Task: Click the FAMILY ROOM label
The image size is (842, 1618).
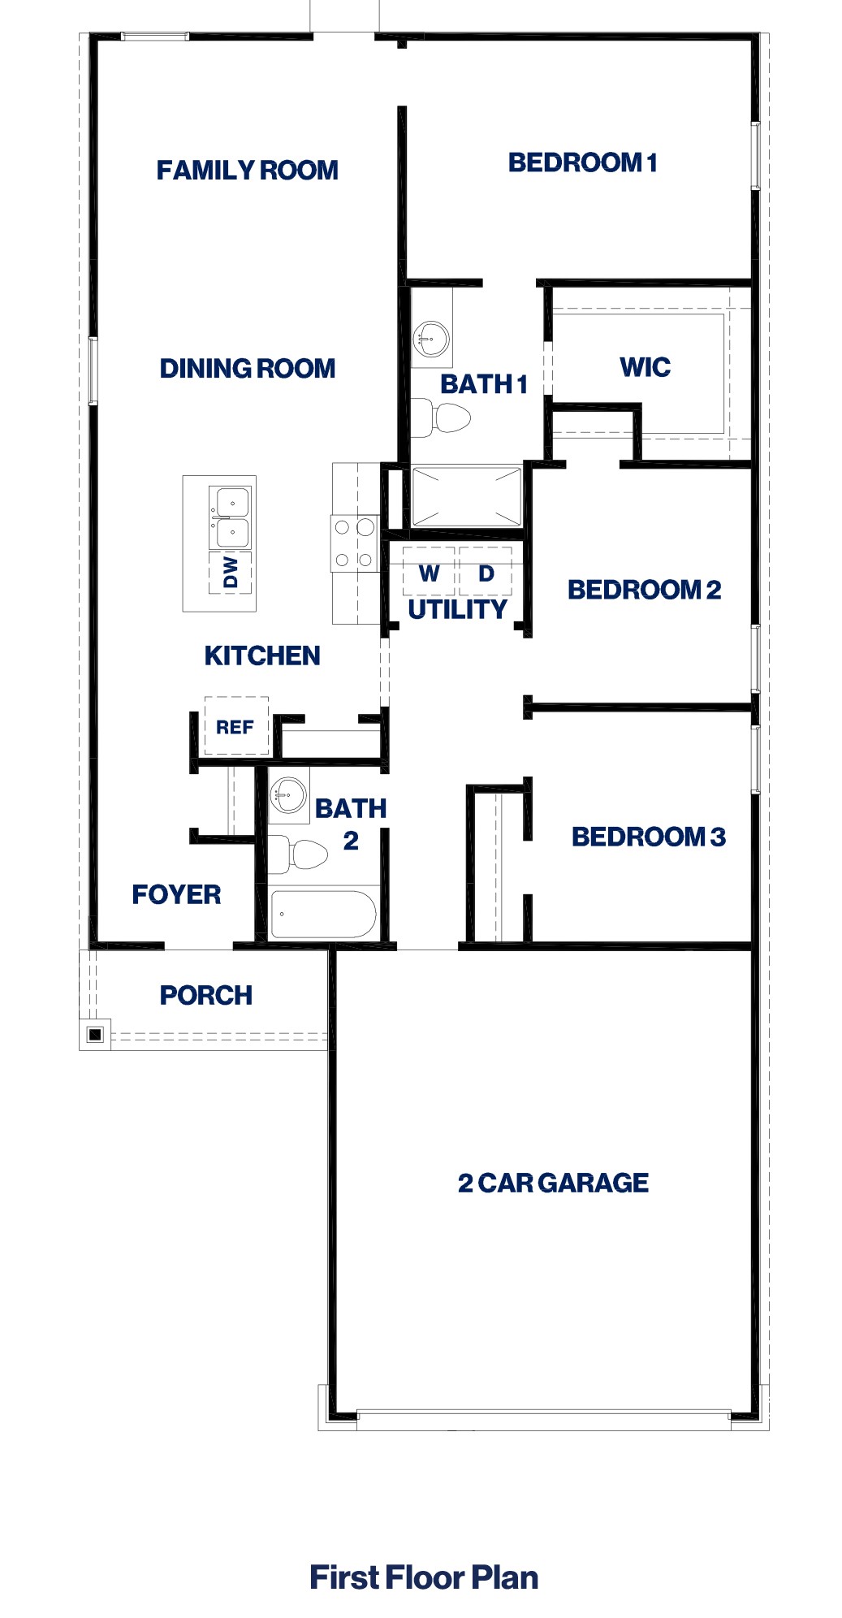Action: [247, 171]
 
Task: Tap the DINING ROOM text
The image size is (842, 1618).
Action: [247, 369]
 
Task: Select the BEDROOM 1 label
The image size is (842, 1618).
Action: [582, 163]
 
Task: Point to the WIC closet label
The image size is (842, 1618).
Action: [645, 367]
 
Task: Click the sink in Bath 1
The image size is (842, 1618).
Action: [431, 337]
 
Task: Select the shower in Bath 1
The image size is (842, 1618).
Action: [466, 496]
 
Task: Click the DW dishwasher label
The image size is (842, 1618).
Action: [231, 572]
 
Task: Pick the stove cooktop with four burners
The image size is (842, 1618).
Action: [354, 543]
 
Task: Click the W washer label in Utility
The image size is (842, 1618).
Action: [429, 574]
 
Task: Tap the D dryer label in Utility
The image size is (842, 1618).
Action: [486, 574]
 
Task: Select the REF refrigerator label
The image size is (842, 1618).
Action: [235, 728]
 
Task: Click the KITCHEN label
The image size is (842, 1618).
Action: [261, 656]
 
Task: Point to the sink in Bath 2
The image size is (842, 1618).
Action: [287, 794]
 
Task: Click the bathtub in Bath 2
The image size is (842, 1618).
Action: [322, 914]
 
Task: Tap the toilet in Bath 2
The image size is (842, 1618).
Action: [300, 854]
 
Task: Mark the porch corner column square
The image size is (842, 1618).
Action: [95, 1034]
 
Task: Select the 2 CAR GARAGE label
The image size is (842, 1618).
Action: [553, 1183]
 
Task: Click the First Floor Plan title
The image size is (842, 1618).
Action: [423, 1577]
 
